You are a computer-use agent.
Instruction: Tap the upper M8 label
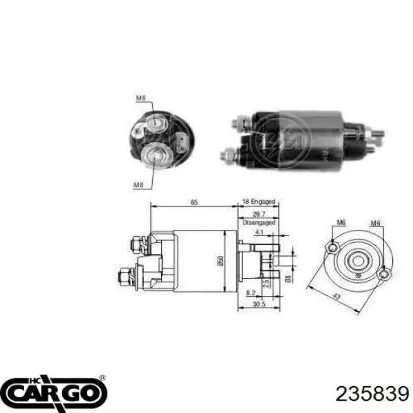coord(141,98)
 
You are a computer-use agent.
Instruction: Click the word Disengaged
coord(258,222)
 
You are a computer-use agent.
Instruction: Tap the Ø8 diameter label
coord(287,279)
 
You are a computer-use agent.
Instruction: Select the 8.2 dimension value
coord(251,293)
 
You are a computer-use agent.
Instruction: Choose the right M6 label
coord(376,223)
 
